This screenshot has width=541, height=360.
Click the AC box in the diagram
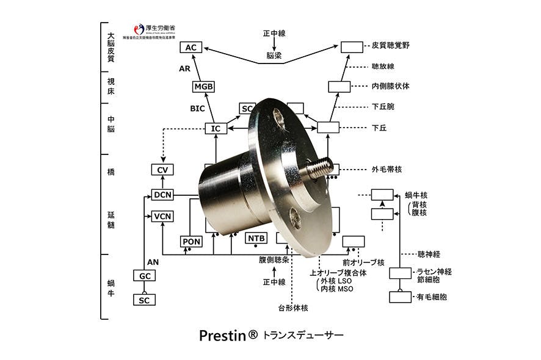point(191,48)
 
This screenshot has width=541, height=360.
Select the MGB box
point(204,87)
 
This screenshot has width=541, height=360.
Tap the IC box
point(215,129)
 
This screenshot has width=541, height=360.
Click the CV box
point(162,170)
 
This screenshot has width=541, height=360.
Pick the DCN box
point(163,195)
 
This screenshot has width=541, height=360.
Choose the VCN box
point(163,217)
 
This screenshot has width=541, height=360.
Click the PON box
point(192,242)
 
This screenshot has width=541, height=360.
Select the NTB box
point(256,238)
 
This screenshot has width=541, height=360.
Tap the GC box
point(145,276)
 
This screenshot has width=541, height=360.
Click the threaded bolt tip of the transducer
point(321,168)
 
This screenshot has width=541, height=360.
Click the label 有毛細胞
point(431,297)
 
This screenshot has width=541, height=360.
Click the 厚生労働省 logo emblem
point(139,29)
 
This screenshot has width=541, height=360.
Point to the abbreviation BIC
point(197,109)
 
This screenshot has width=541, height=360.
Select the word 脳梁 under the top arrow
point(274,56)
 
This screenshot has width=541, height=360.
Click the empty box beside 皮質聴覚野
point(351,46)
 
